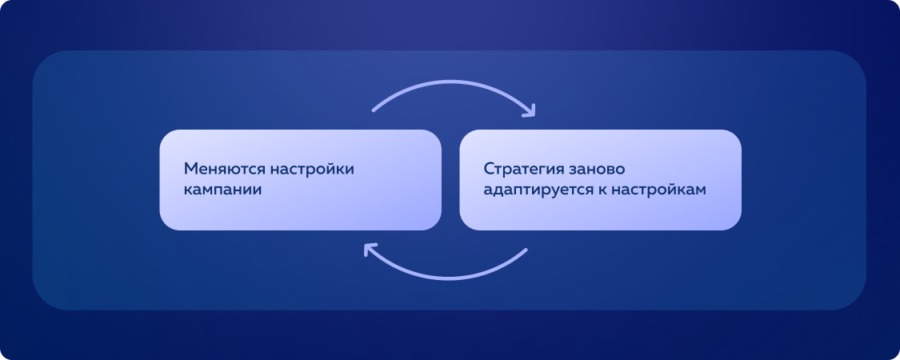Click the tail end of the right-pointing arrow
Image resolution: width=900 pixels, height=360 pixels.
click(x=374, y=110)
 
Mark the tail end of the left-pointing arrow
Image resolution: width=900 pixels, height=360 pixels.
click(x=526, y=250)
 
